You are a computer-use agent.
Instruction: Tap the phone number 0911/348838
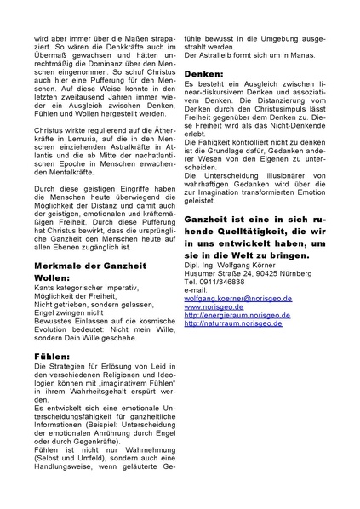222,282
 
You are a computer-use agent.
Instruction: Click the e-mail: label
195,290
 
